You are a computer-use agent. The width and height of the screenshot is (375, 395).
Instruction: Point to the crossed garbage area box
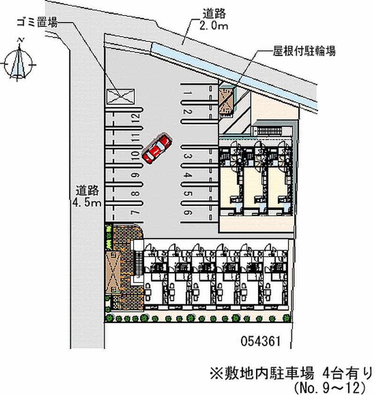(x=120, y=95)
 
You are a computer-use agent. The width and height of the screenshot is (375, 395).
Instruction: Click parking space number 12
(x=134, y=118)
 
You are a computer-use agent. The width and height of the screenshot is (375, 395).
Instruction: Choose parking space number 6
(x=187, y=213)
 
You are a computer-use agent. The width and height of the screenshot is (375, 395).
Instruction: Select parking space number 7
(x=134, y=213)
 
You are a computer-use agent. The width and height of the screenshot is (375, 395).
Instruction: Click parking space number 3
(x=187, y=157)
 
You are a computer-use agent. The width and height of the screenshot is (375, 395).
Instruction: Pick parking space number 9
(x=134, y=175)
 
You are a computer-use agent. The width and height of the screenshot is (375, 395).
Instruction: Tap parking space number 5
(x=187, y=194)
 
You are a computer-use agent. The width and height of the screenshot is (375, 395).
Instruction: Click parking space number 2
(x=187, y=112)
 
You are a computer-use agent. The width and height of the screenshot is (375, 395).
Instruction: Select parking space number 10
(x=134, y=156)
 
